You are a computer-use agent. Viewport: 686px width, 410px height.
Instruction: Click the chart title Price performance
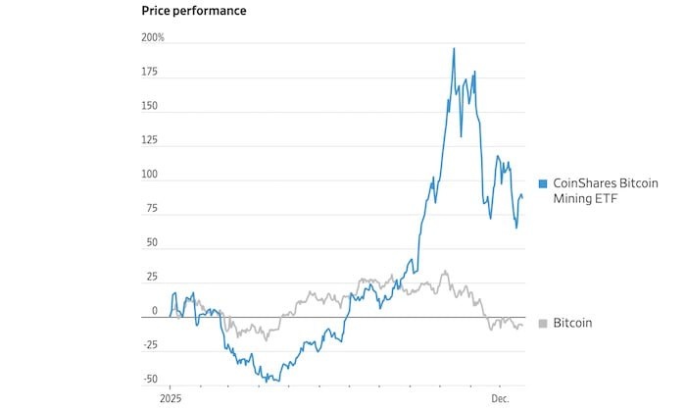tap(194, 11)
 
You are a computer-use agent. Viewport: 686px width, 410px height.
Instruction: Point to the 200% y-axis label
tap(153, 37)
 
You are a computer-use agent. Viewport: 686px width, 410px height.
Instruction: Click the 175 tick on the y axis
tap(151, 72)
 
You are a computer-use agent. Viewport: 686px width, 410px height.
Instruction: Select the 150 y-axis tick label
tap(151, 106)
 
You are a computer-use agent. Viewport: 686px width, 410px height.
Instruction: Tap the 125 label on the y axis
tap(151, 140)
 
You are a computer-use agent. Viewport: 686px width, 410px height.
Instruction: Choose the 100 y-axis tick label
tap(151, 175)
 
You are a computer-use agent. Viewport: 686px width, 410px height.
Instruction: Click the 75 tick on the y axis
tap(153, 208)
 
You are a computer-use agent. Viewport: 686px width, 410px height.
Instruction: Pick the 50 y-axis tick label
tap(153, 242)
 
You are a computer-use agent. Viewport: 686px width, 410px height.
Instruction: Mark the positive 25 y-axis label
tap(153, 277)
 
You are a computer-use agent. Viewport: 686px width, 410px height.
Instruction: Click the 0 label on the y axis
tap(155, 311)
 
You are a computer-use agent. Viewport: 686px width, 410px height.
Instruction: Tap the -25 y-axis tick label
tap(150, 344)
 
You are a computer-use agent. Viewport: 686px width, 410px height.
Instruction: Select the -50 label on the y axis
tap(150, 379)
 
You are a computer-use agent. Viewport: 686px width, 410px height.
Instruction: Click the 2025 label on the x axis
tap(171, 400)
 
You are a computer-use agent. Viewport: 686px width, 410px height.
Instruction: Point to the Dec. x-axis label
tap(500, 400)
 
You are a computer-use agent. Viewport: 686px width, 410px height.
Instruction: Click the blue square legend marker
tap(543, 183)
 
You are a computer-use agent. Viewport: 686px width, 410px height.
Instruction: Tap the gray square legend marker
tap(543, 323)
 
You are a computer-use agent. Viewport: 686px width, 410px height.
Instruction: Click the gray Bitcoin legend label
tap(573, 323)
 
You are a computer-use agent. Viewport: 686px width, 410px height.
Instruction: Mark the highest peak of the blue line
tap(454, 48)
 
